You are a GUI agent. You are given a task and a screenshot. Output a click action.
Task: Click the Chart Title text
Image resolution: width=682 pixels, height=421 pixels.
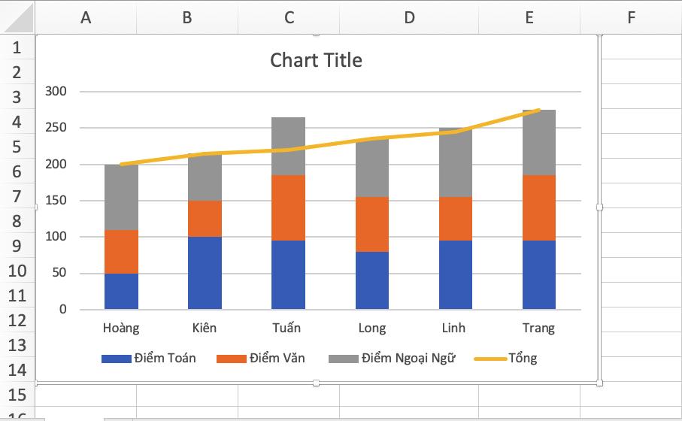coord(316,60)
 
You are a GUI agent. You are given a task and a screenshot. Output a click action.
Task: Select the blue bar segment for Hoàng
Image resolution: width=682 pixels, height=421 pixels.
coord(121,292)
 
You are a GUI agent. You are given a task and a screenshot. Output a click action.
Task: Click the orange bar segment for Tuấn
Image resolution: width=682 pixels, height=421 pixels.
coord(288,207)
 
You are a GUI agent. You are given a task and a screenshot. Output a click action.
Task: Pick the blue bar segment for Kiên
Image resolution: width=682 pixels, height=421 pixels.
coord(205,273)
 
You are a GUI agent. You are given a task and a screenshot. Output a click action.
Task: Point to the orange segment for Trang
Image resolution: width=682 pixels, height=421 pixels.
coord(538,207)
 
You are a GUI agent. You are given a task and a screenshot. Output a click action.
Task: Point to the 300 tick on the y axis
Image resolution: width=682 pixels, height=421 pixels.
coord(56,92)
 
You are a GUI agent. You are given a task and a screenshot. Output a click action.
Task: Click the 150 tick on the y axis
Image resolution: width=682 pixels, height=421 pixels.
coord(56,201)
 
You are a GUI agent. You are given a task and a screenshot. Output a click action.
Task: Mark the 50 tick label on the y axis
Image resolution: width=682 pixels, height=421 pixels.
coord(59,273)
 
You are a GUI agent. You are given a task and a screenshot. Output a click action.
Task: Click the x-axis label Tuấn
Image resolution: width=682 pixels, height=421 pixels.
coord(286,328)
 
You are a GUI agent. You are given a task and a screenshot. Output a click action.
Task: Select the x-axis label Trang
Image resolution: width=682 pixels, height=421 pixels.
coord(538,328)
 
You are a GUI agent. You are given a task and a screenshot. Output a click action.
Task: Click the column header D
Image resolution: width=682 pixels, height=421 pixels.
coord(408,17)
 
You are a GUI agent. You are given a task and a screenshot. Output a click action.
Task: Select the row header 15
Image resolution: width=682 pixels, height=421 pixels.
coord(17,395)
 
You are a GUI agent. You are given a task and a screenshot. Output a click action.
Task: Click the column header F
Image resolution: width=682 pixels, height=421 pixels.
coord(630,17)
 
